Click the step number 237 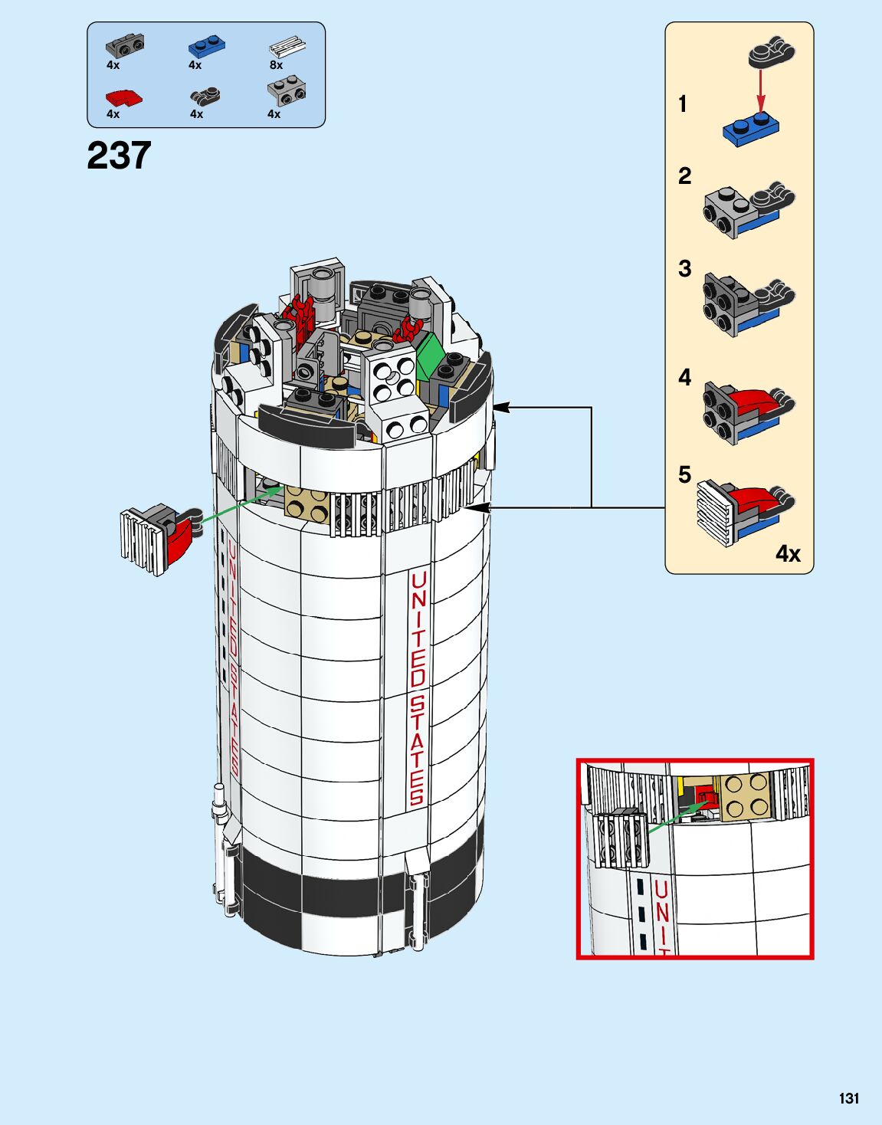pyautogui.click(x=119, y=156)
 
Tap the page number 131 pyautogui.click(x=848, y=1098)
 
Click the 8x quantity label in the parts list pyautogui.click(x=276, y=66)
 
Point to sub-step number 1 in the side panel pyautogui.click(x=683, y=104)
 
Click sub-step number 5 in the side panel pyautogui.click(x=684, y=475)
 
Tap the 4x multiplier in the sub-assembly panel pyautogui.click(x=787, y=553)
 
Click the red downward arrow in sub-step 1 pyautogui.click(x=761, y=92)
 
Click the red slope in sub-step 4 pyautogui.click(x=755, y=401)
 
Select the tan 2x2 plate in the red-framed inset pyautogui.click(x=743, y=797)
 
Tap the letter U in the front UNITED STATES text pyautogui.click(x=418, y=580)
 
